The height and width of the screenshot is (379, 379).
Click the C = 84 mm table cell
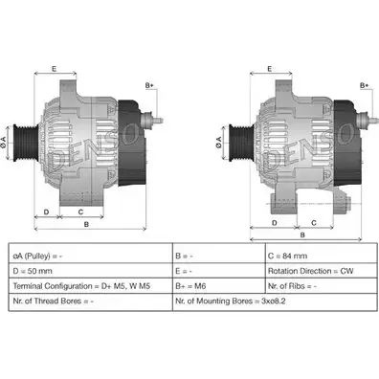click(321, 256)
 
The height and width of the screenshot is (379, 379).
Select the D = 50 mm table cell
click(90, 271)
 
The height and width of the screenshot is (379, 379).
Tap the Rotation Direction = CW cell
click(321, 271)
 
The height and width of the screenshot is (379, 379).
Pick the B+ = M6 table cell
click(219, 286)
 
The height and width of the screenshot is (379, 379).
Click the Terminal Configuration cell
click(90, 286)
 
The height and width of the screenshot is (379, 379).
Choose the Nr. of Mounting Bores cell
click(275, 301)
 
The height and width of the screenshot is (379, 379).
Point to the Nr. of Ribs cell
click(321, 286)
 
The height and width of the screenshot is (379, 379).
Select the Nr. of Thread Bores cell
click(90, 301)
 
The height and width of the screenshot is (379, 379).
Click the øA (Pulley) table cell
click(90, 256)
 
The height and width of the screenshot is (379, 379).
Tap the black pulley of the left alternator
click(25, 143)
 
